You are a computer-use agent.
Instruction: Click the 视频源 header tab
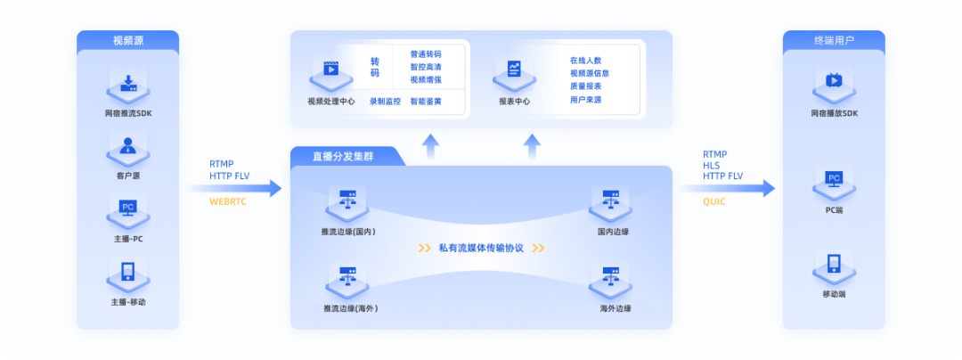[x=128, y=40]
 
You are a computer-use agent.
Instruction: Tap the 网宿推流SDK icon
[x=128, y=86]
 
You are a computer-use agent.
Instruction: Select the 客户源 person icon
[x=127, y=147]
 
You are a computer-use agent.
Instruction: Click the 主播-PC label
[x=128, y=239]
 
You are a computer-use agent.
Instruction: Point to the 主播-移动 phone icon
[x=127, y=273]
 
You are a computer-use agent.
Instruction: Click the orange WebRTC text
[x=228, y=201]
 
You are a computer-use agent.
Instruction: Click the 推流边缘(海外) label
[x=350, y=308]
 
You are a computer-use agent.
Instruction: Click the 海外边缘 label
[x=615, y=308]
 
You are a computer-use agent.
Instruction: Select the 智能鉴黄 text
[x=426, y=102]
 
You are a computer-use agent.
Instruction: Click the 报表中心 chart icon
[x=515, y=71]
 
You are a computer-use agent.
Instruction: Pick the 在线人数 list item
[x=586, y=61]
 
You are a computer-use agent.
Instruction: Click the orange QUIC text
[x=714, y=201]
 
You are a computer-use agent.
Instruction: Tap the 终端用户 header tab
[x=833, y=40]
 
